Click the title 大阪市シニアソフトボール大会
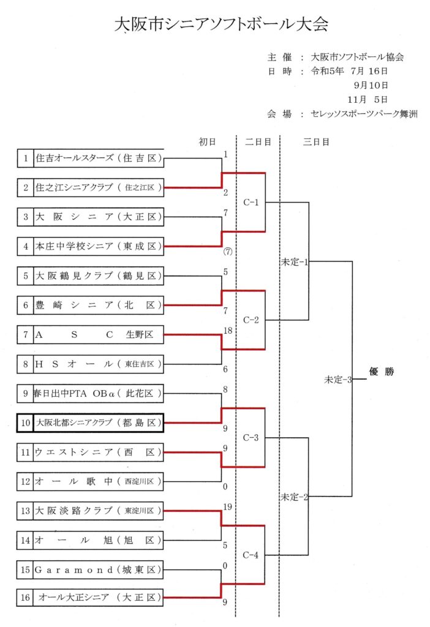221,24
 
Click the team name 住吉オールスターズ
75,158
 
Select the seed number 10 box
25,422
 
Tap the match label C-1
251,202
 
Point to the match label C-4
251,555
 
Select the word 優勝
382,372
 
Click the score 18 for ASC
228,331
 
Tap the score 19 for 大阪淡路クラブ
228,507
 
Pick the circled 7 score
228,252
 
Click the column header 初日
207,142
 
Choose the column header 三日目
316,142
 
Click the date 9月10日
371,85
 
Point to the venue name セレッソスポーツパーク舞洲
364,114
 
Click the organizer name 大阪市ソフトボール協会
357,57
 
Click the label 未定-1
295,262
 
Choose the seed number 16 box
25,598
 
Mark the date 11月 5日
367,100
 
